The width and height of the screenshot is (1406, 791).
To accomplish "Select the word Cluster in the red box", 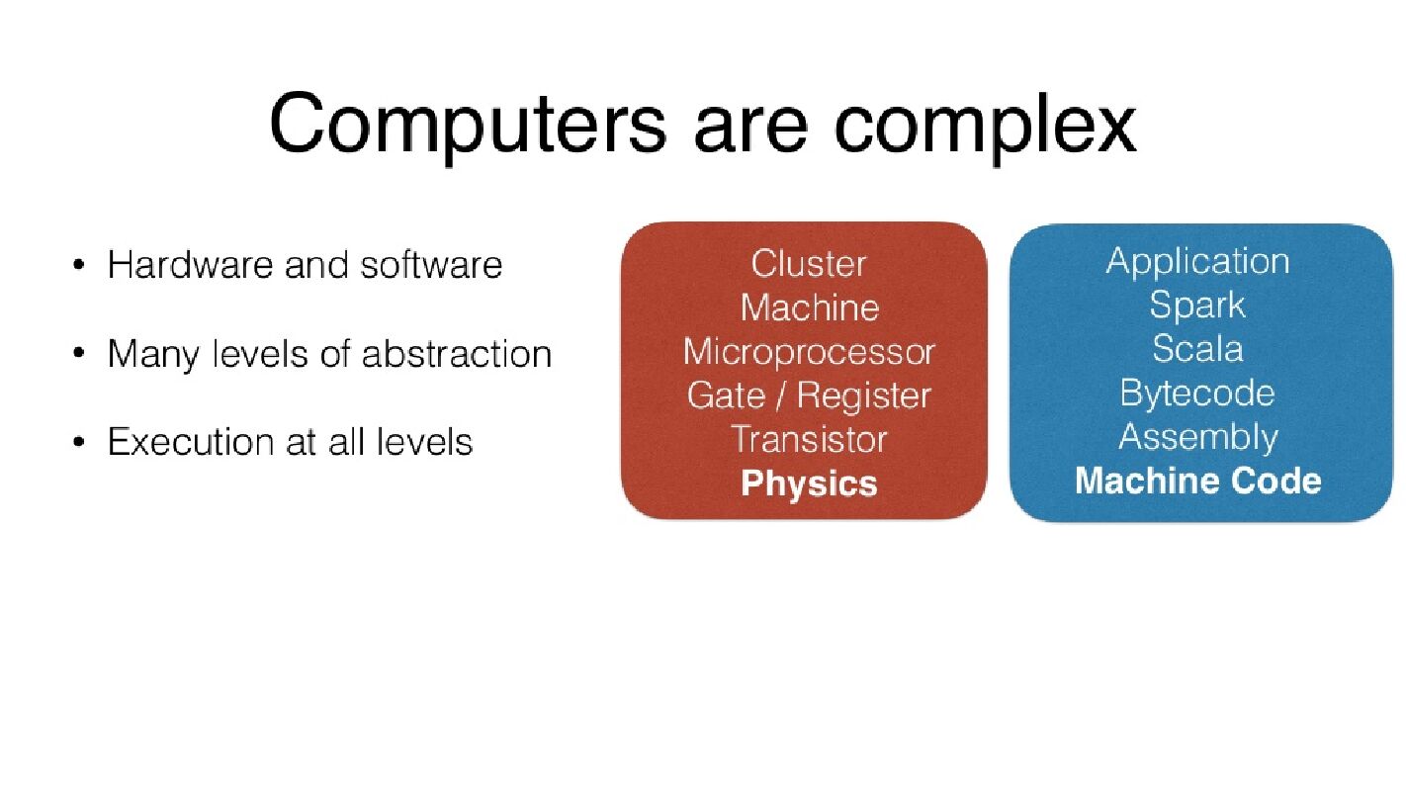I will coord(808,264).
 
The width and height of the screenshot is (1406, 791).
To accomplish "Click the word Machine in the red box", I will coord(809,308).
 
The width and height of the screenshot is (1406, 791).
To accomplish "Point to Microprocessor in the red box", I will coord(808,352).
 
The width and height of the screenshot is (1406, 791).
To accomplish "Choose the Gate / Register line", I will coord(808,395).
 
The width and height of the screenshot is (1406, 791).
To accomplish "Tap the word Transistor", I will coord(808,439).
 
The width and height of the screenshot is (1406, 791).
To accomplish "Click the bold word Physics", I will coord(808,483).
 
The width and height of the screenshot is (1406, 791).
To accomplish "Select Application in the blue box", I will coord(1196,262).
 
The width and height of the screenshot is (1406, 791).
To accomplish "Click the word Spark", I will coord(1196,305).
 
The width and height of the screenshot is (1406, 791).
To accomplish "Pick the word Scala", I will coord(1196,349).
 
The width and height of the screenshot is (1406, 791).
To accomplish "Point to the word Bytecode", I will coord(1196,394).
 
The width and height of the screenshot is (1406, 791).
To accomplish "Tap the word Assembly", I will coord(1197,437).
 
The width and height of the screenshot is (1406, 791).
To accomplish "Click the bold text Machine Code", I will coord(1196,481).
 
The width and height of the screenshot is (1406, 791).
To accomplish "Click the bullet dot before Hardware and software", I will coord(78,266).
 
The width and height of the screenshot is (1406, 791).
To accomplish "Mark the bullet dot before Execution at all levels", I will coord(78,442).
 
